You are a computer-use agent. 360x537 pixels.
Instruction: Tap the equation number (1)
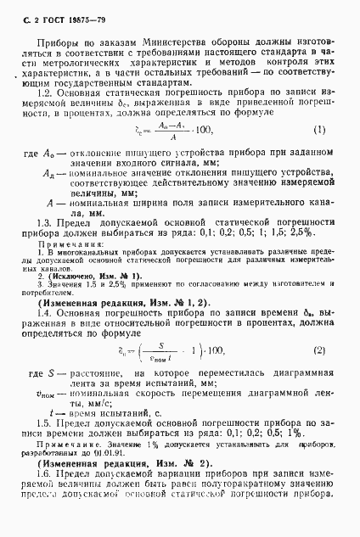tap(319, 130)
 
